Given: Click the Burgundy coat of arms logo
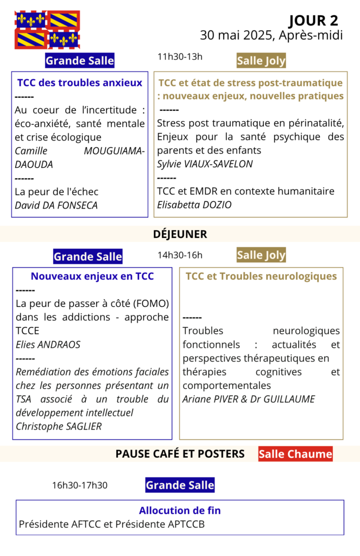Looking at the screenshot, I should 47,29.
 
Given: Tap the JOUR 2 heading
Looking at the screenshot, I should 313,21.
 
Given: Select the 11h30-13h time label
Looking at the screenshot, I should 180,56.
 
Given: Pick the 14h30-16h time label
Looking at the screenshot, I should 180,255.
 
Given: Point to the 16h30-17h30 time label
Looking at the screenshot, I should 80,485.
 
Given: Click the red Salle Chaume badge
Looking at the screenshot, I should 295,453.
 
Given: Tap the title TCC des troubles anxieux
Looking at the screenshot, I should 80,83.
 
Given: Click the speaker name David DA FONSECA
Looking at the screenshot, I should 56,205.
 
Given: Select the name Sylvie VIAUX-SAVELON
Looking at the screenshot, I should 205,164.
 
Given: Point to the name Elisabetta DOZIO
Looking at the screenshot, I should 194,205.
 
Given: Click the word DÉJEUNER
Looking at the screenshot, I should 180,234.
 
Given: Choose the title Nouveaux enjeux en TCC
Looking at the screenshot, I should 92,276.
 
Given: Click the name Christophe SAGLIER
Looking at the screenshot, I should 59,426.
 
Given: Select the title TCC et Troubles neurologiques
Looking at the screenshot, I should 261,276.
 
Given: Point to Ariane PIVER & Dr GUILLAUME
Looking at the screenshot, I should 249,399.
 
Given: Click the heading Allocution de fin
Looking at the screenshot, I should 180,511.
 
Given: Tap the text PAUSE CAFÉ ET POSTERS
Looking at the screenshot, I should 180,453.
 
